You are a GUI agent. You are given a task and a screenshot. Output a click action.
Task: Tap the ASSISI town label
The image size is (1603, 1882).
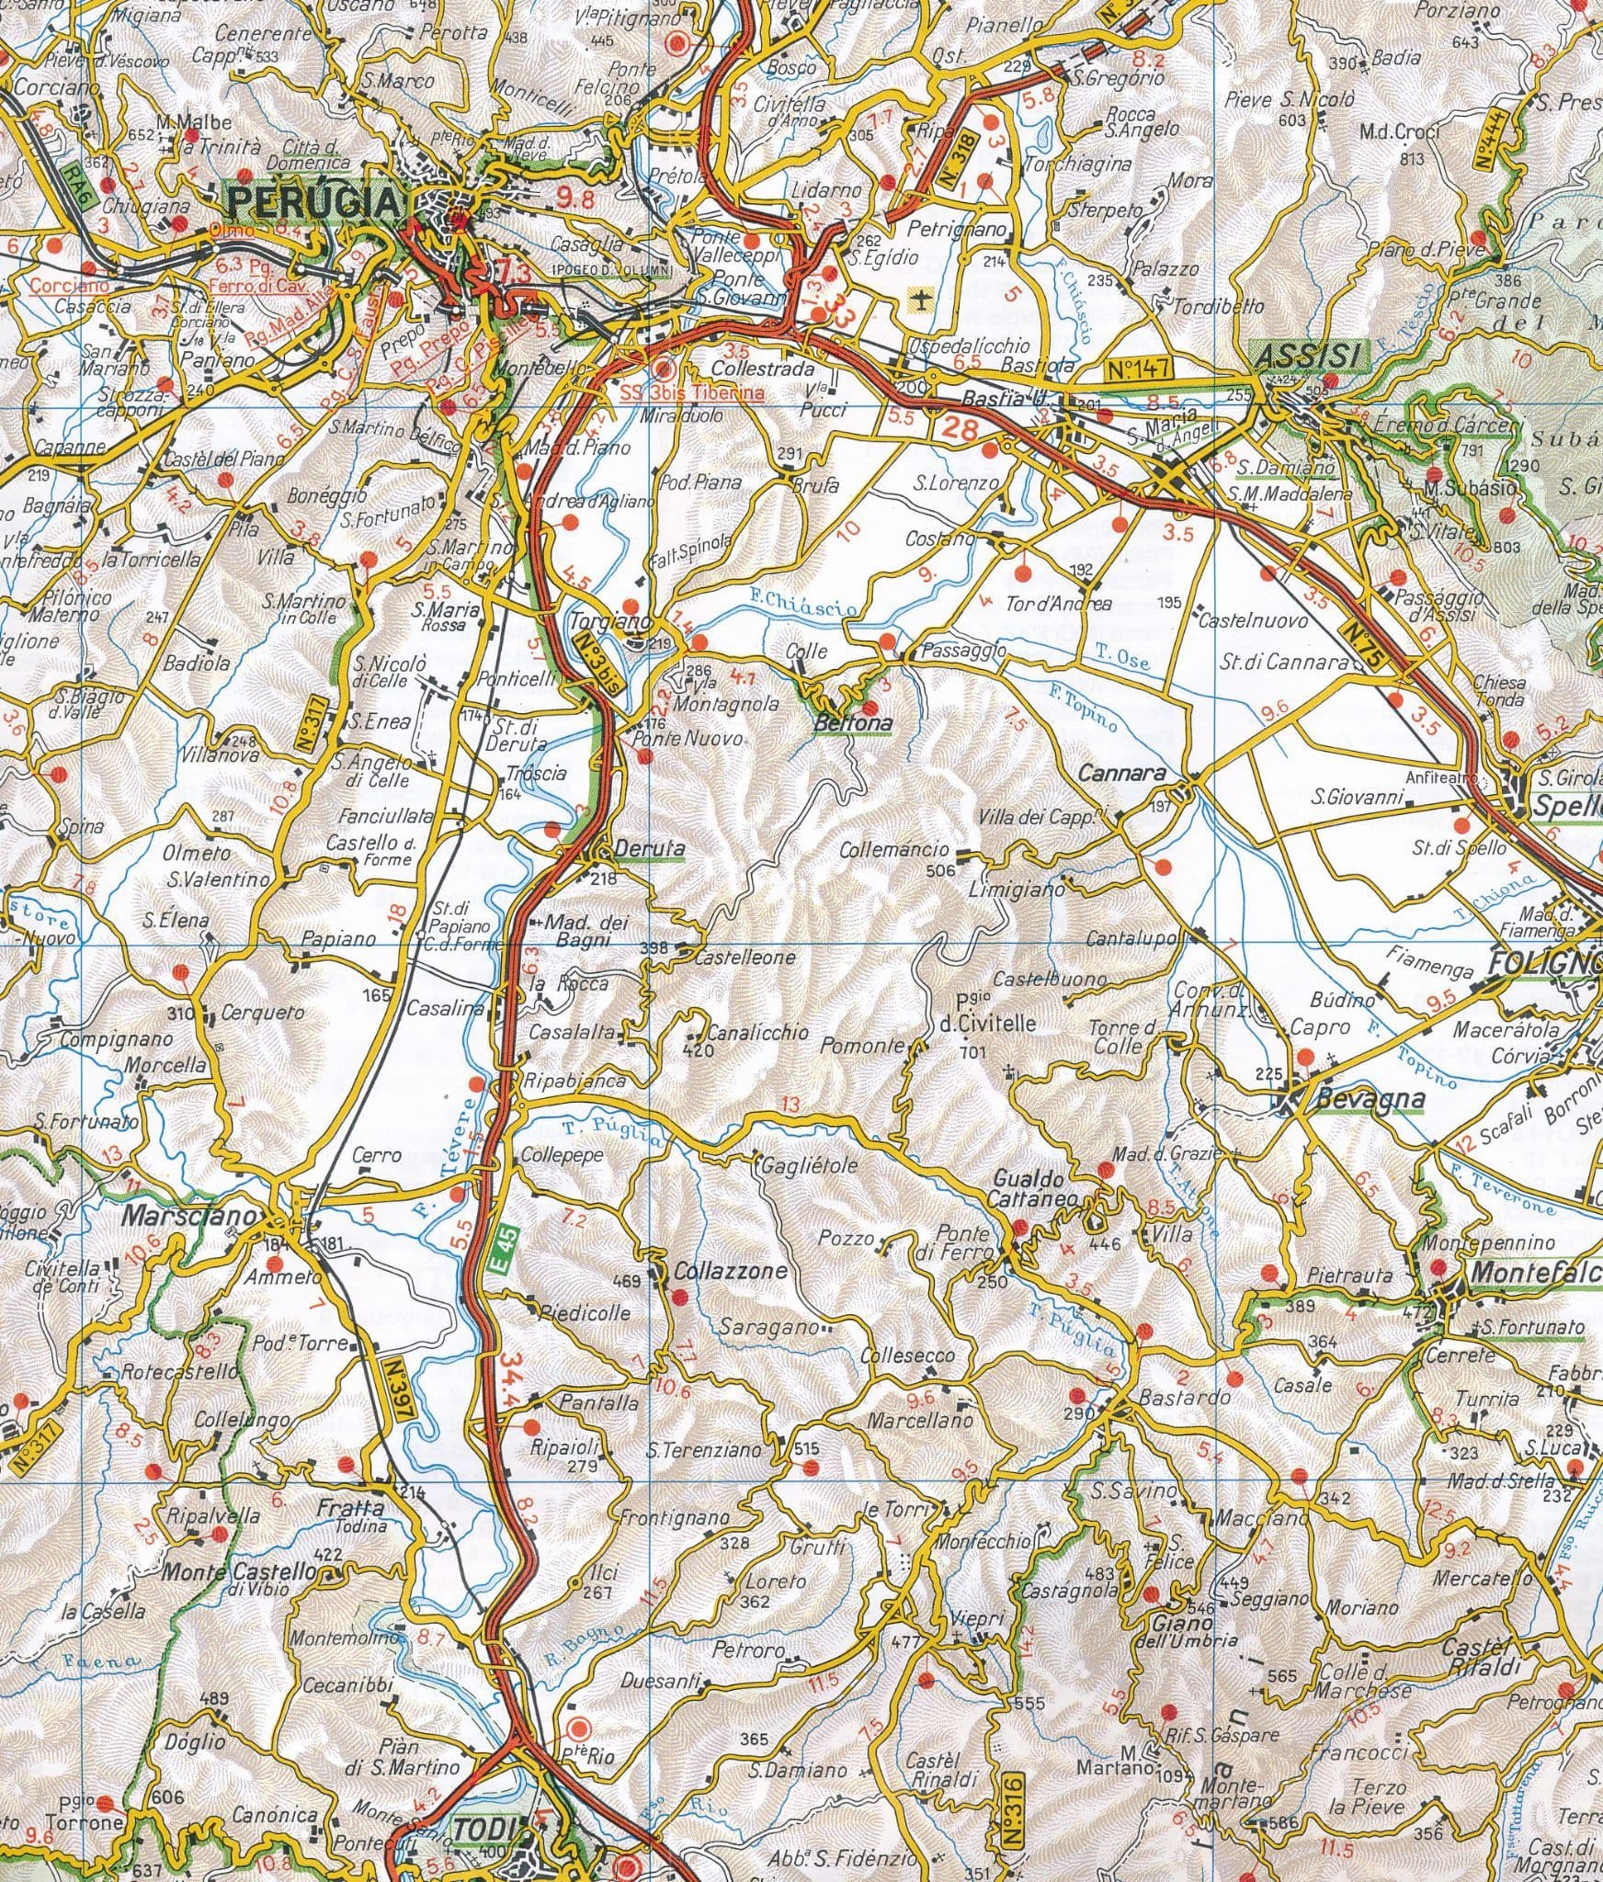(1309, 356)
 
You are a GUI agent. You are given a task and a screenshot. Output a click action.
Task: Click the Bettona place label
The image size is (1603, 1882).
(854, 724)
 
